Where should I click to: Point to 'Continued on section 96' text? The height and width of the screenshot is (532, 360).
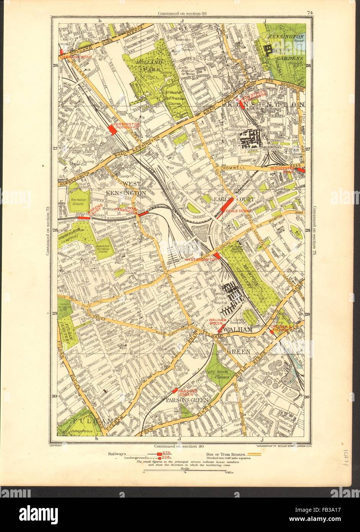pos(178,446)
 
